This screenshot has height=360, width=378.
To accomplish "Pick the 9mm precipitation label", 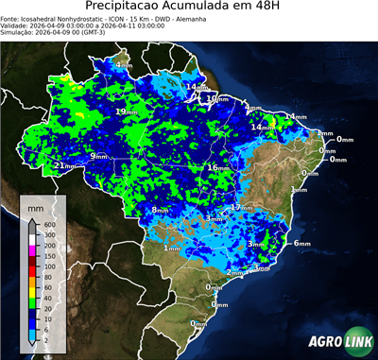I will pos(98,156).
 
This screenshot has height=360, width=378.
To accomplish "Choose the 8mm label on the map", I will pos(160,210).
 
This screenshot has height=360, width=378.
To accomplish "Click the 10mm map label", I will pos(216,98).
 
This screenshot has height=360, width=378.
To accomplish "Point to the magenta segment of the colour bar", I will pos(33,251).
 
